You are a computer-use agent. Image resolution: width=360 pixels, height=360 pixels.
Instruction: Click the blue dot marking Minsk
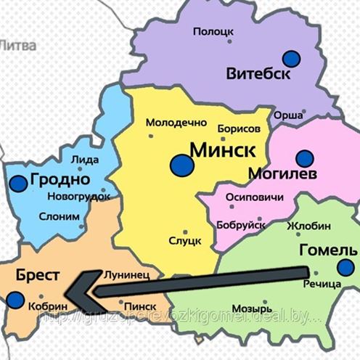click(x=183, y=165)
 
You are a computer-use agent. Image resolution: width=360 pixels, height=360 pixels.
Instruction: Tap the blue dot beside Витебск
click(x=292, y=58)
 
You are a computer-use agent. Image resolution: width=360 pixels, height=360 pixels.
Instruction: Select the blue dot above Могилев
click(x=304, y=157)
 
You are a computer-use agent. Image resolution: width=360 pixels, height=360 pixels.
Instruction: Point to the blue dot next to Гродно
click(x=18, y=183)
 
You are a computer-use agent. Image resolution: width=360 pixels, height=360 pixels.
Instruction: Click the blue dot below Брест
click(x=15, y=298)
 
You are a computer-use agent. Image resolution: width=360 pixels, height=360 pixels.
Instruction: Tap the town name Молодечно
click(x=176, y=123)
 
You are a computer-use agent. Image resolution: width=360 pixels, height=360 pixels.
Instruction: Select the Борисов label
click(x=238, y=128)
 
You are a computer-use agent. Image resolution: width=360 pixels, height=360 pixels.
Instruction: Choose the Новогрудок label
click(x=78, y=197)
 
